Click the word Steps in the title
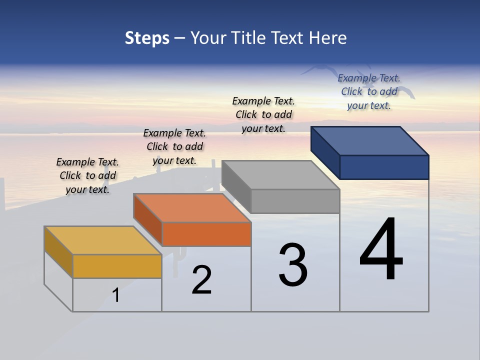point(147,38)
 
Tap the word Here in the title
point(327,38)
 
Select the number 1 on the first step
point(116,295)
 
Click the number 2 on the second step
point(201,280)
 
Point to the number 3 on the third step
point(292,265)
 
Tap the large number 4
point(381,250)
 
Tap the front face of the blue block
point(384,167)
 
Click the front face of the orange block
point(206,234)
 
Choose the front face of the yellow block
point(117,266)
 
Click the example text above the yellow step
point(87,175)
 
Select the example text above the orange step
point(174,146)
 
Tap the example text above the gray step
point(263,114)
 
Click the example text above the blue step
point(369,91)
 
